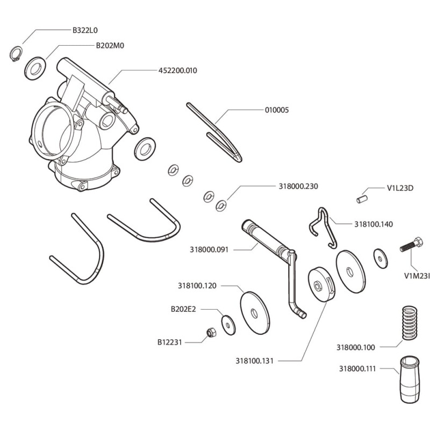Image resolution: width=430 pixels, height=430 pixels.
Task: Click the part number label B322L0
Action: [x=85, y=31]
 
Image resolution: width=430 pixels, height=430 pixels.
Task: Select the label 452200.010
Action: [x=177, y=70]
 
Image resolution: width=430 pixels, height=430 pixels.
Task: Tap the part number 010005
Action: [x=277, y=110]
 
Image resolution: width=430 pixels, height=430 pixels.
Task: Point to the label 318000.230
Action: [x=298, y=187]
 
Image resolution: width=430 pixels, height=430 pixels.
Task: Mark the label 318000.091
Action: [x=209, y=249]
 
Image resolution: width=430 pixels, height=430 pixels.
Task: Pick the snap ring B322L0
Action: [x=17, y=54]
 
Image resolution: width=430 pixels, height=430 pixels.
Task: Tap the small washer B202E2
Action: [x=229, y=324]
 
